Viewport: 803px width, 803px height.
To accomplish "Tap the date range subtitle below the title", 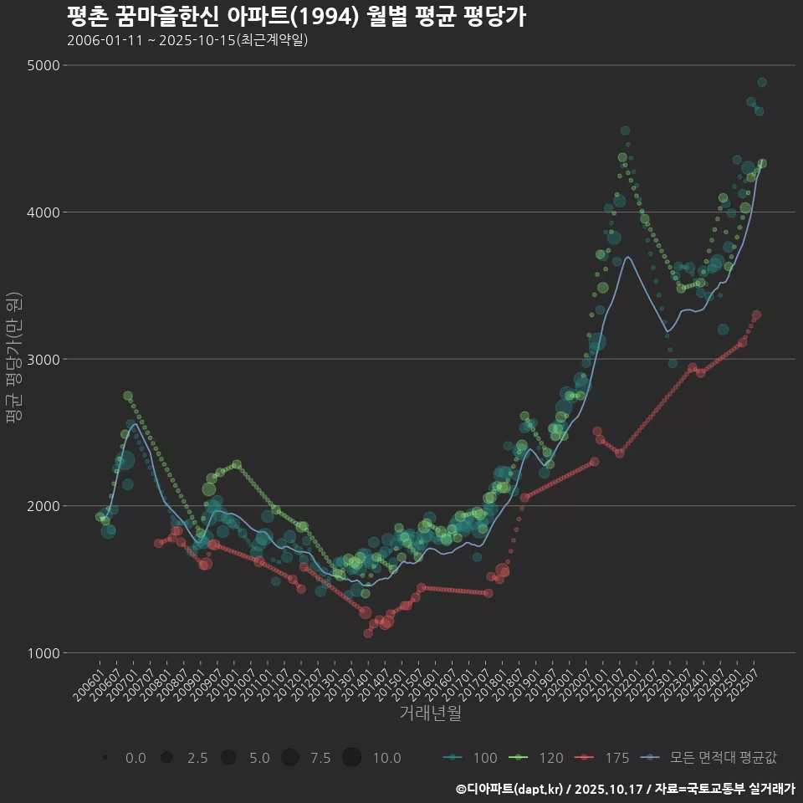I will pos(187,40).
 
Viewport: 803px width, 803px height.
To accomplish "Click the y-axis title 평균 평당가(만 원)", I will pos(13,360).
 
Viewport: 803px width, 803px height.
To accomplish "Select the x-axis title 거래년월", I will pos(430,713).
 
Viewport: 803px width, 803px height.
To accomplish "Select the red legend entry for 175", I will pos(602,758).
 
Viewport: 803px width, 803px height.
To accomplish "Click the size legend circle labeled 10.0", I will pos(351,758).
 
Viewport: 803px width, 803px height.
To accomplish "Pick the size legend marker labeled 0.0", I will pos(105,758).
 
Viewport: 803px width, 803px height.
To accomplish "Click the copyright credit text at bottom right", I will pos(625,789).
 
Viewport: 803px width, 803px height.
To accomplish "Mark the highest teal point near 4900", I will pos(762,82).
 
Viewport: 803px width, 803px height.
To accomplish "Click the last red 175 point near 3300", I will pos(756,315).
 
